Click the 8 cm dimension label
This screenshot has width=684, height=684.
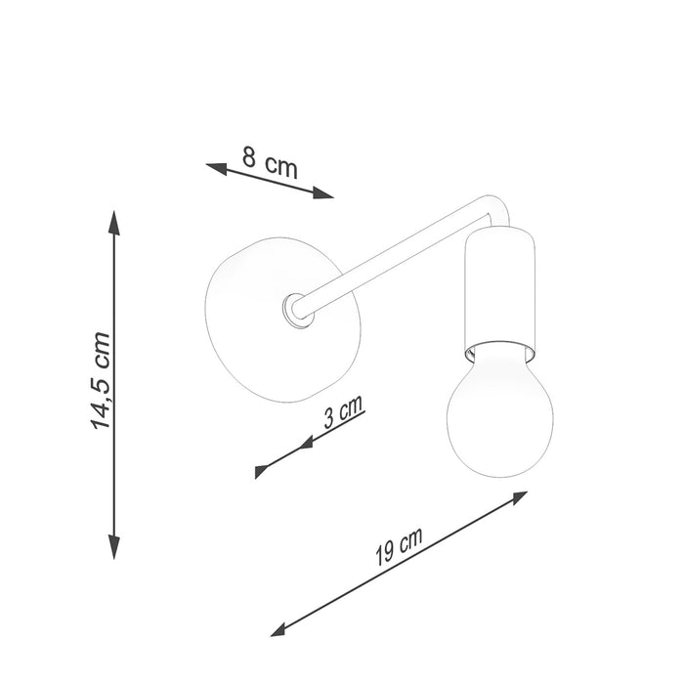[x=270, y=163]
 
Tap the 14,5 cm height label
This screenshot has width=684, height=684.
[x=101, y=381]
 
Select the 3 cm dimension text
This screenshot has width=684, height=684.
[x=343, y=411]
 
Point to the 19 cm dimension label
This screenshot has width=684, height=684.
[x=399, y=546]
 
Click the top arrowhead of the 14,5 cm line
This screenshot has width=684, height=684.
[x=114, y=223]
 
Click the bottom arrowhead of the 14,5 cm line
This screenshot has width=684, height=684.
[x=114, y=547]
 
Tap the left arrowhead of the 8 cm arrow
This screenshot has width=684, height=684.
[x=216, y=168]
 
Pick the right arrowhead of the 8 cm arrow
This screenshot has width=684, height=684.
[x=323, y=192]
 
